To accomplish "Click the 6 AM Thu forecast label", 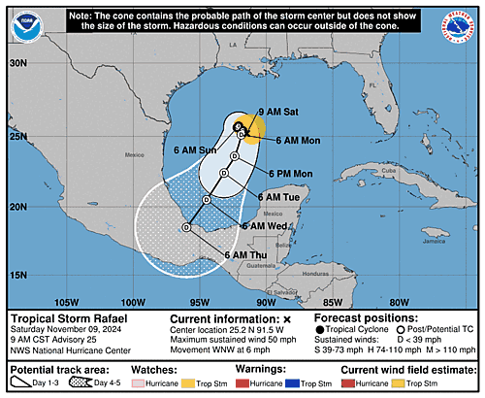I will coord(244,254).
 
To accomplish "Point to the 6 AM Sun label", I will coord(194,150).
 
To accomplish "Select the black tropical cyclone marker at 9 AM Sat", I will coord(239,126).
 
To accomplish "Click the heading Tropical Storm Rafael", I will coord(65,318).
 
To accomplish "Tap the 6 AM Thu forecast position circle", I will coord(185,227).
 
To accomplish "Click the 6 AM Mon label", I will coord(297,141).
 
